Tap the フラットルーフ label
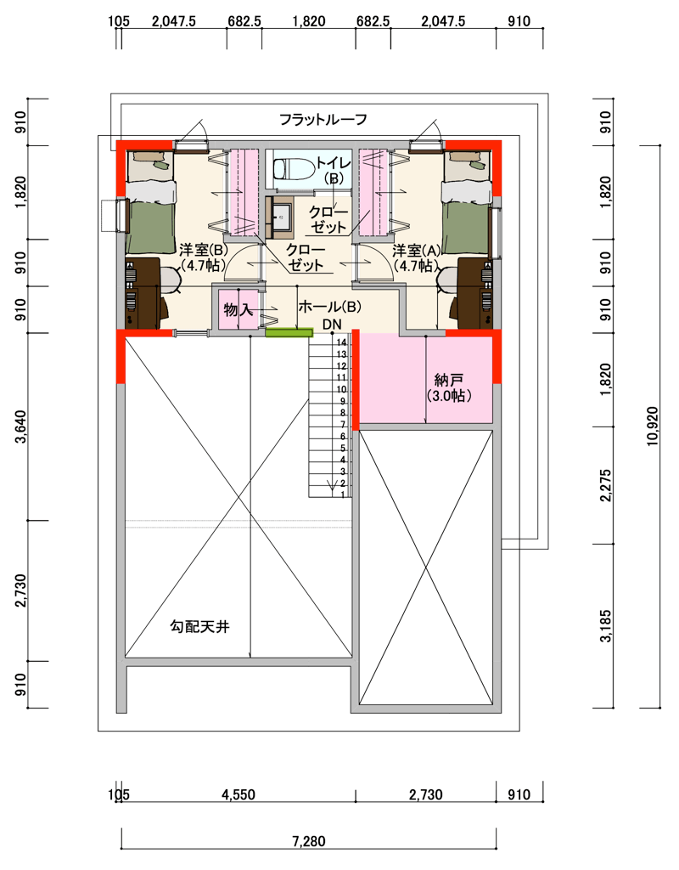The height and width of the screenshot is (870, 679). pyautogui.click(x=323, y=119)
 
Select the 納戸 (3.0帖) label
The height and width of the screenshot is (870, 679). pyautogui.click(x=449, y=387)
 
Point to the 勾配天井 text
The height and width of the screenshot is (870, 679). pyautogui.click(x=199, y=627)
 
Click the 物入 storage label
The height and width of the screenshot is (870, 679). pyautogui.click(x=238, y=309)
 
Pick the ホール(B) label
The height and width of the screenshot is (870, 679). pyautogui.click(x=330, y=306)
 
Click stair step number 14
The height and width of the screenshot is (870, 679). pyautogui.click(x=341, y=343)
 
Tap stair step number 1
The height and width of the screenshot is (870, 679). pyautogui.click(x=343, y=494)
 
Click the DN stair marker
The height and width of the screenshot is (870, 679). pyautogui.click(x=332, y=324)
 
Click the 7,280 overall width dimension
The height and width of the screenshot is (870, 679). pyautogui.click(x=309, y=842)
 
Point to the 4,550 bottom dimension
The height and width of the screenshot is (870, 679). pyautogui.click(x=238, y=795)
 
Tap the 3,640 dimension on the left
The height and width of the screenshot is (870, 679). pyautogui.click(x=20, y=427)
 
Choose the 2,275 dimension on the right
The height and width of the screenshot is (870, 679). pyautogui.click(x=606, y=485)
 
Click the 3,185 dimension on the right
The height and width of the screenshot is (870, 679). pyautogui.click(x=606, y=626)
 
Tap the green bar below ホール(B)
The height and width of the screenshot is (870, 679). pyautogui.click(x=289, y=333)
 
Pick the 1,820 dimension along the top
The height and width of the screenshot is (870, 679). pyautogui.click(x=309, y=21)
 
